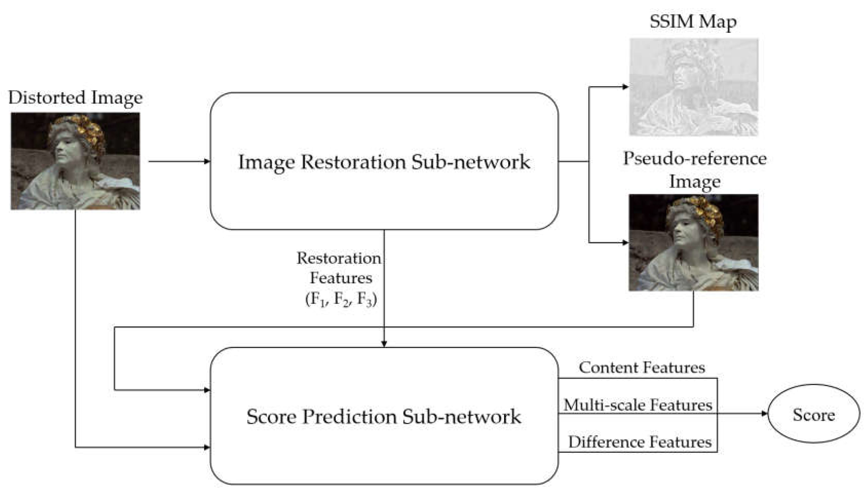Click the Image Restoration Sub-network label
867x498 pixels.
click(384, 162)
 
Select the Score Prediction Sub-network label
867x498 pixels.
click(384, 417)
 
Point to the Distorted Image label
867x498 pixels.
click(75, 98)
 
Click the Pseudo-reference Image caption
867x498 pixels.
click(695, 170)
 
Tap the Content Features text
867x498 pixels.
click(642, 368)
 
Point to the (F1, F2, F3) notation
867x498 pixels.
click(341, 299)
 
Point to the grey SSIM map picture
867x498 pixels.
click(694, 87)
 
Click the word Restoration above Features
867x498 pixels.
click(339, 258)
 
